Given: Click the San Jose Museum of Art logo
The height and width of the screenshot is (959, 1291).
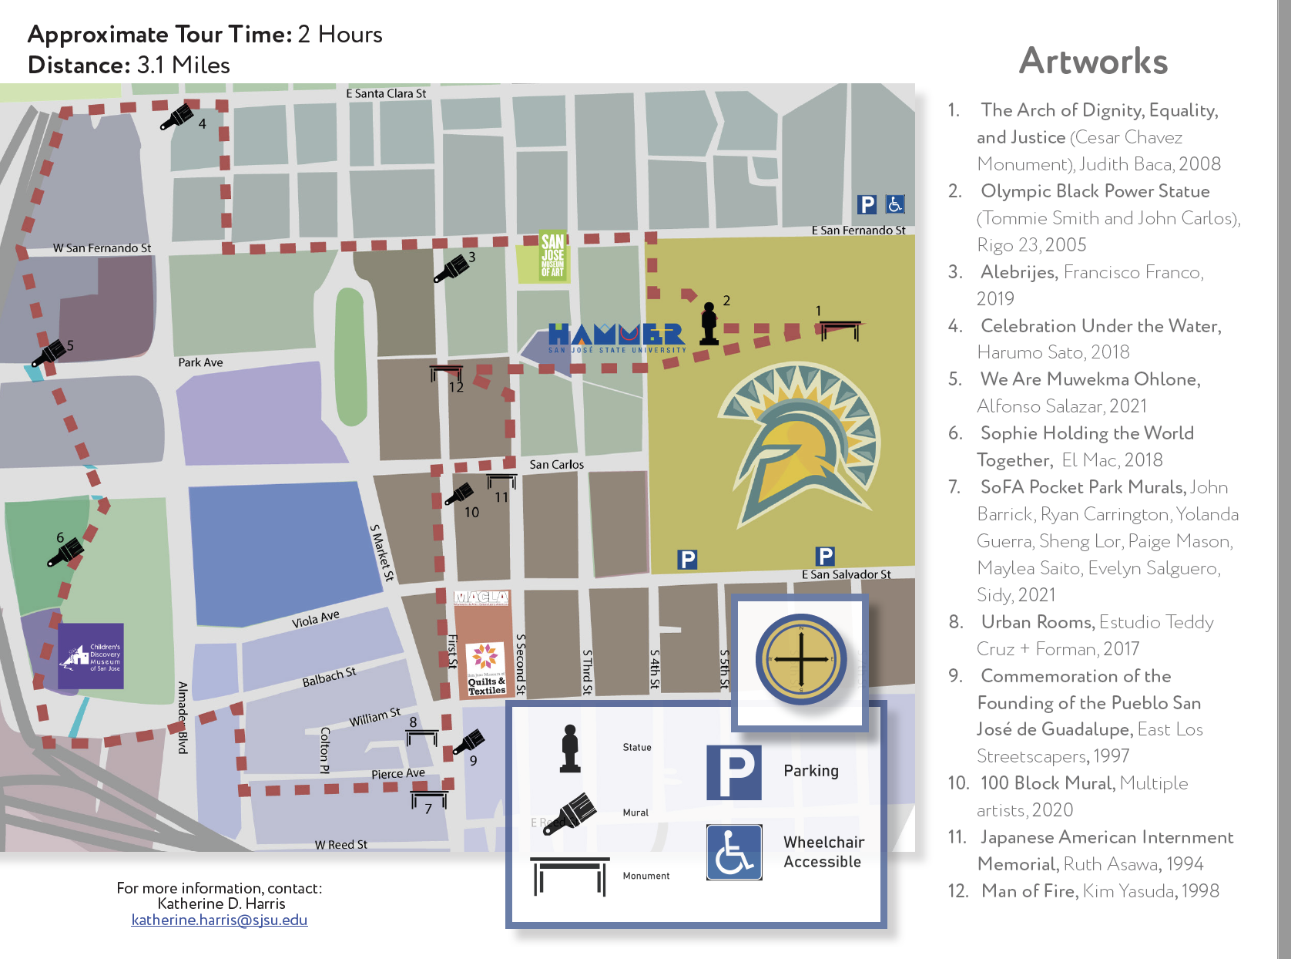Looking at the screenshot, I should tap(552, 254).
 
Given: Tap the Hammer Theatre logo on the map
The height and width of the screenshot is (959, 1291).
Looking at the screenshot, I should tap(616, 337).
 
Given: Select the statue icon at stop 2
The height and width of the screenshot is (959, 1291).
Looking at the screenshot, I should tap(709, 324).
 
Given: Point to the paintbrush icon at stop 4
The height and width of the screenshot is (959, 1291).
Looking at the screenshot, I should tap(177, 117).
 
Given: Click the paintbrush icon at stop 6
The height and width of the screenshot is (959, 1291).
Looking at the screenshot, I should tap(65, 552).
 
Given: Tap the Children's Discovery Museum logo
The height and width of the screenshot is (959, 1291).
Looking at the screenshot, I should tap(91, 656).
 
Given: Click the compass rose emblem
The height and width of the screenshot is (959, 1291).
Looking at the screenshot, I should tap(801, 660).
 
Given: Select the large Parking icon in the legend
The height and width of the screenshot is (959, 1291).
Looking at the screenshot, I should tap(734, 772).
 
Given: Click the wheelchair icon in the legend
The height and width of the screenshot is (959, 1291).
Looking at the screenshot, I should tap(734, 852).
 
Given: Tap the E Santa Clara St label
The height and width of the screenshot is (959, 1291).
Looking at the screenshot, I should tap(386, 93).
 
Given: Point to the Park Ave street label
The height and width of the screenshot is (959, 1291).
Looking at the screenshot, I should tap(200, 362).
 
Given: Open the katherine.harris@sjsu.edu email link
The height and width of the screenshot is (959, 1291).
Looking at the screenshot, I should tap(220, 920).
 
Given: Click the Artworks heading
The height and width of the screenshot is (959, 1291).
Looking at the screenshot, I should tap(1093, 61).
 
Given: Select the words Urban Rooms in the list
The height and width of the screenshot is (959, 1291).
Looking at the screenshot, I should tap(1037, 622).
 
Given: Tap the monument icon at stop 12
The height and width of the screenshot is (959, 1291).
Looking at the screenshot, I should tap(446, 373).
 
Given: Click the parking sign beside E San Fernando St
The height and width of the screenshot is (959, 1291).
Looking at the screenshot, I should tap(867, 204).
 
